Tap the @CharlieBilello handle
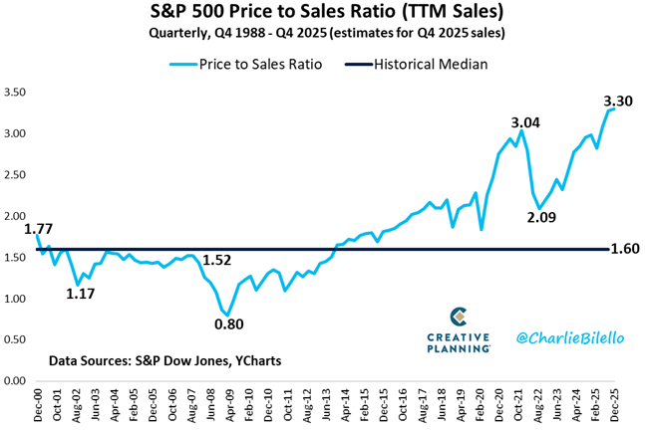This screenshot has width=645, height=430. (570, 338)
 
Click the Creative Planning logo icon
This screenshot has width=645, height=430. (460, 318)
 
